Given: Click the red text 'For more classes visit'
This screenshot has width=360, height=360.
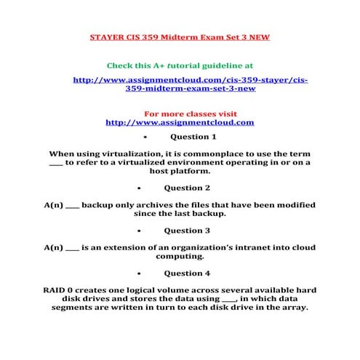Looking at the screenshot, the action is click(x=180, y=114).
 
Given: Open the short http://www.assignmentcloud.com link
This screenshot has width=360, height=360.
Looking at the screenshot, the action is click(x=180, y=122).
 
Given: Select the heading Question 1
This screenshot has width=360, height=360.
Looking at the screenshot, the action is click(x=193, y=136).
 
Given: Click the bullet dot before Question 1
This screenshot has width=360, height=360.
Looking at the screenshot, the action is click(x=146, y=137).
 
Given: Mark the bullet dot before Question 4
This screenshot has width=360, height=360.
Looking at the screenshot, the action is click(x=146, y=274).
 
